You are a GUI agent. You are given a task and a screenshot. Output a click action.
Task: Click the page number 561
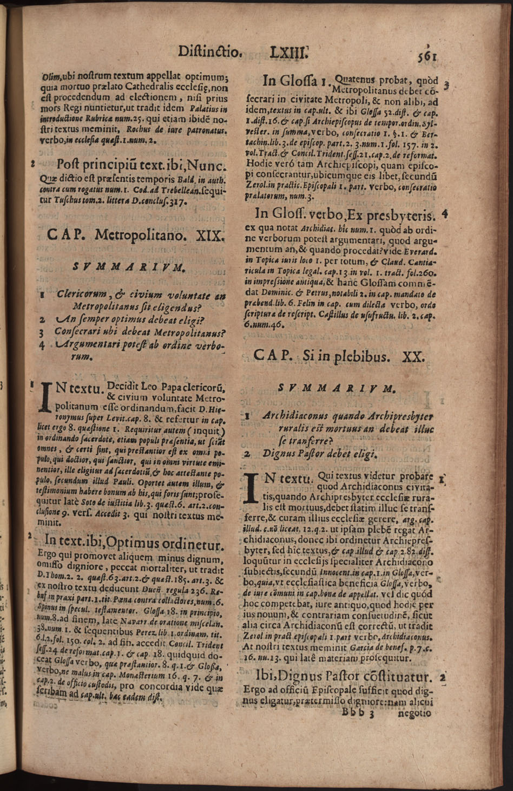pyautogui.click(x=426, y=55)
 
